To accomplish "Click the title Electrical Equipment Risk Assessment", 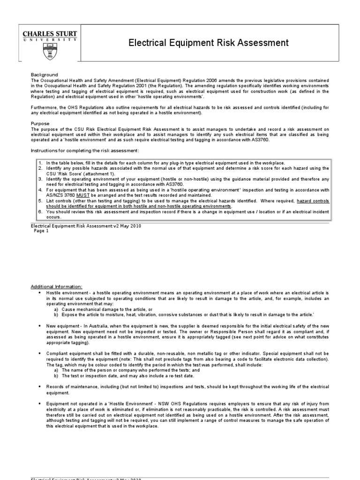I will (209, 43).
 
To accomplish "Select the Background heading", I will (44, 75).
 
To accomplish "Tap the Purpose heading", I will (41, 123).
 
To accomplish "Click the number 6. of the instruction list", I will (41, 212).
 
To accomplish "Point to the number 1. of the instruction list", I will (41, 162).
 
